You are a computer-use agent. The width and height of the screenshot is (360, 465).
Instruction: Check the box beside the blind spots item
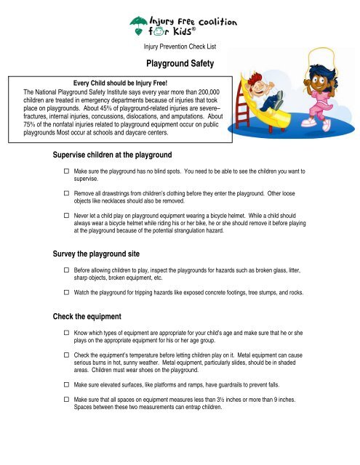(x=65, y=171)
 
